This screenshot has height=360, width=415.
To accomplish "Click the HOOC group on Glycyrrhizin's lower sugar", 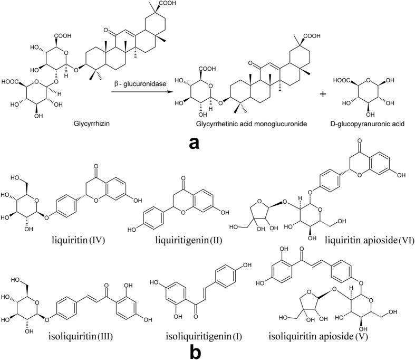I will point(11,82).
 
